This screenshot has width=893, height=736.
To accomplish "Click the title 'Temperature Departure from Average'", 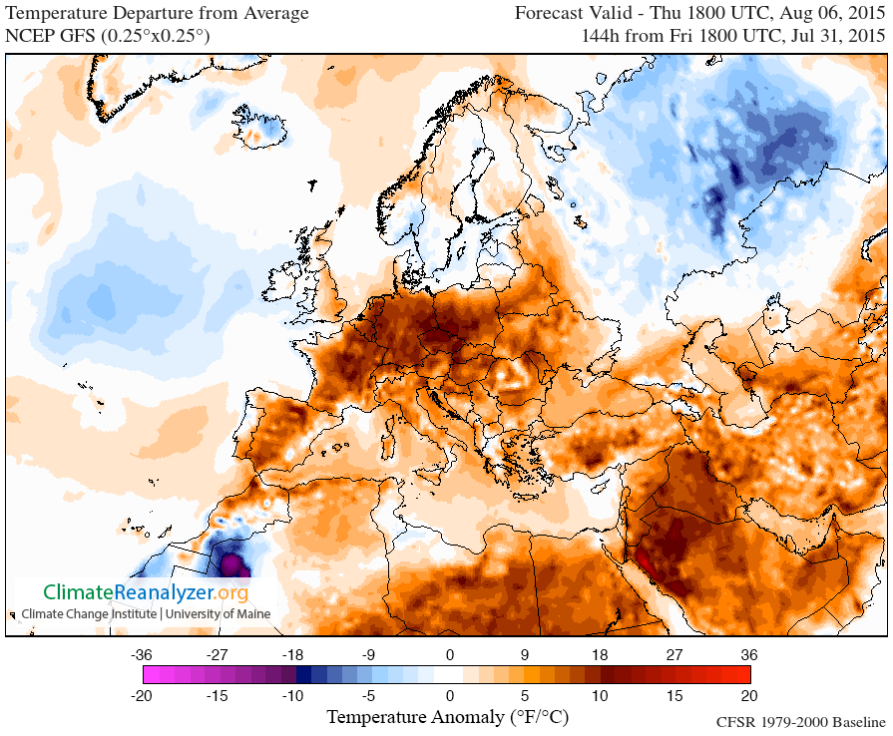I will (x=158, y=14).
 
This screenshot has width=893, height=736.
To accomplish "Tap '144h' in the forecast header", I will (x=604, y=36).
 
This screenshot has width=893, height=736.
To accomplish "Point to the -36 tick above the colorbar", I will (x=141, y=655).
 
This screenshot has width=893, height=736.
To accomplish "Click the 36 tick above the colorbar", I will (x=749, y=655).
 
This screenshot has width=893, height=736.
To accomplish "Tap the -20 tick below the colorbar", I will (x=141, y=695).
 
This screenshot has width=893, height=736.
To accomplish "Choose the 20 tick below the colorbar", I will (x=749, y=695).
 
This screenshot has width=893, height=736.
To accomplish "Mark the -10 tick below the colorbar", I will (x=293, y=695).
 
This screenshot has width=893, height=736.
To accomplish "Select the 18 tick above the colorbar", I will (x=601, y=655).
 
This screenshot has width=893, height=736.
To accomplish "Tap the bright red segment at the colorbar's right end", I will (x=742, y=674).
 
